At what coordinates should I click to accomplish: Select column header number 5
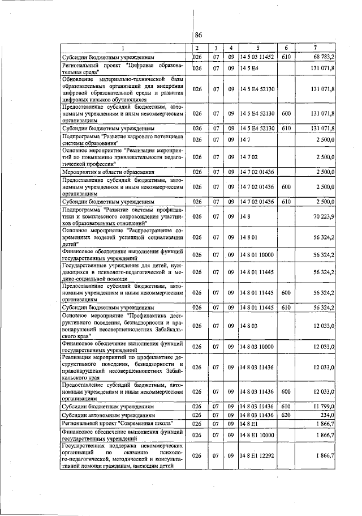click(x=257, y=48)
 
